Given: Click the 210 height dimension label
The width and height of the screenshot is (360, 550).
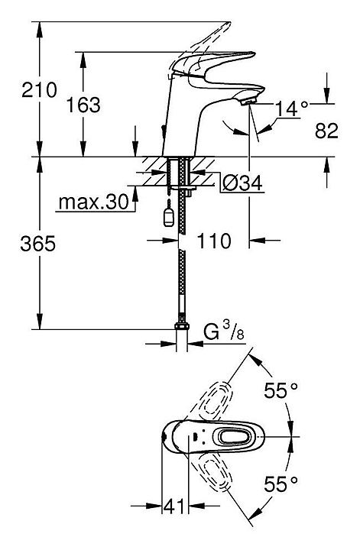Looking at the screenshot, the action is [x=39, y=90].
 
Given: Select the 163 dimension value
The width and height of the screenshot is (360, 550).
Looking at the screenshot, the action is [x=83, y=105].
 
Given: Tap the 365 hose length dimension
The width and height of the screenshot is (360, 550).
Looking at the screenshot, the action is [x=38, y=244].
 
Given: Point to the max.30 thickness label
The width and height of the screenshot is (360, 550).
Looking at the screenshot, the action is [x=94, y=202].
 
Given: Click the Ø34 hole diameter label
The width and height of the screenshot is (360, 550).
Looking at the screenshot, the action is [x=242, y=183].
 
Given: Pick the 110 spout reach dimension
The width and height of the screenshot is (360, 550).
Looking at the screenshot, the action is [x=214, y=241].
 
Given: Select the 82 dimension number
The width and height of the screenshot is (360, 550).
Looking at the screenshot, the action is [x=326, y=131].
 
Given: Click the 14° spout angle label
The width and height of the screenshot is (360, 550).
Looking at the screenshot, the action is [x=292, y=108].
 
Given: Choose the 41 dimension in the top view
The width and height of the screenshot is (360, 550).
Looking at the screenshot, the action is [x=174, y=506].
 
